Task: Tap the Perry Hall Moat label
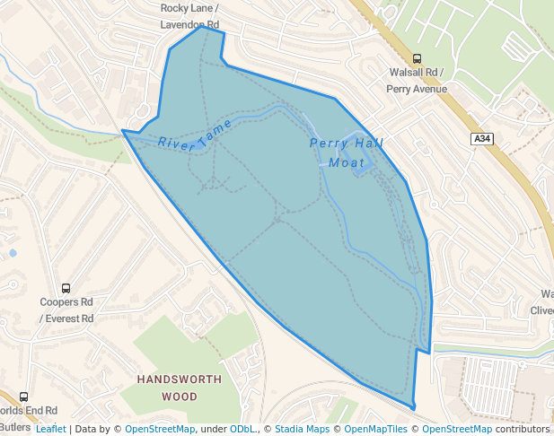[347, 153]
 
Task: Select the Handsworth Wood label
[180, 388]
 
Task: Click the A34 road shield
[482, 138]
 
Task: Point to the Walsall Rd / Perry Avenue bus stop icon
[428, 58]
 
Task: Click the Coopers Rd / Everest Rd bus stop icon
[66, 288]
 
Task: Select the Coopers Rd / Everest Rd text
[66, 310]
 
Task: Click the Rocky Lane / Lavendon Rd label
[189, 16]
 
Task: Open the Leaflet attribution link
[50, 429]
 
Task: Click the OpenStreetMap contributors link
[486, 429]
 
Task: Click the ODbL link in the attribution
[242, 429]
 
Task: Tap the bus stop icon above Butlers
[23, 397]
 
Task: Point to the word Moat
[347, 162]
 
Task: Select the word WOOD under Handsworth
[180, 396]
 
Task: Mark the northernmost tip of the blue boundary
[203, 26]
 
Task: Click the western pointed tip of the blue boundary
[123, 132]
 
